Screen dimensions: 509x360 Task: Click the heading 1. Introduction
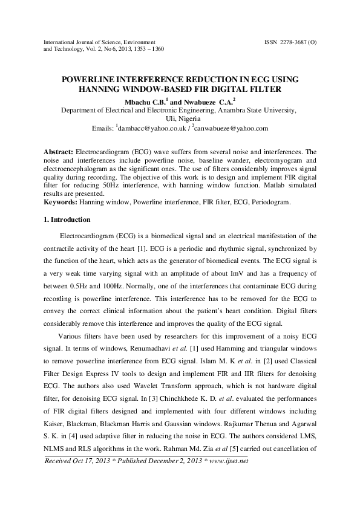[x=67, y=219]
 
